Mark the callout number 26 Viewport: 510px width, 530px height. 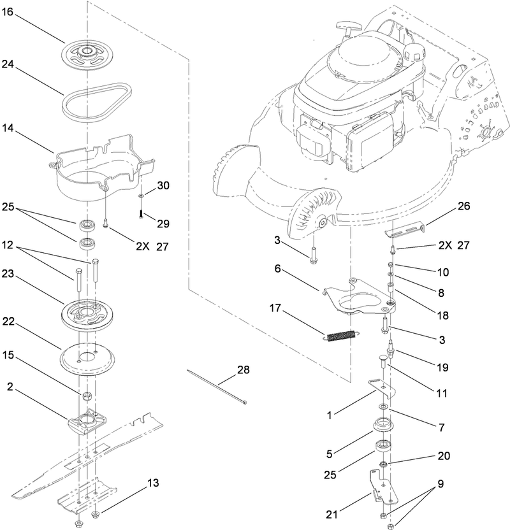pyautogui.click(x=463, y=206)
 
